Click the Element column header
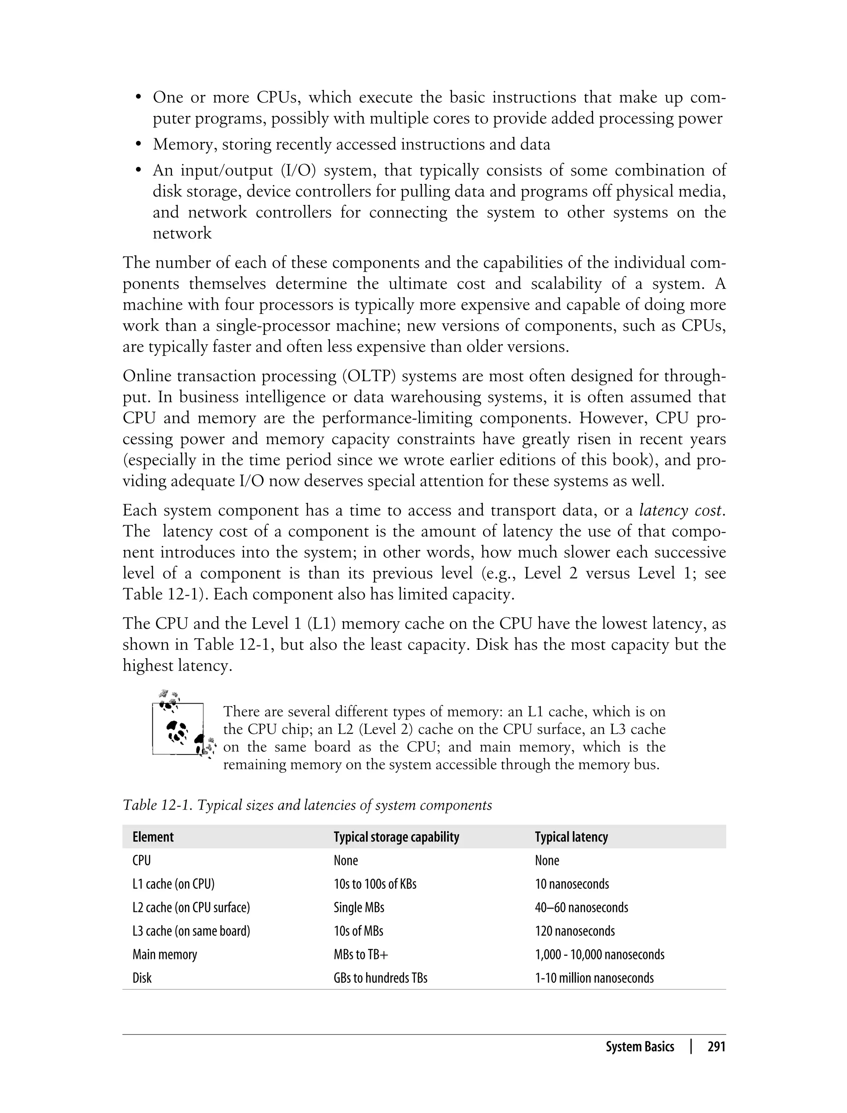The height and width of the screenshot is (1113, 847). pyautogui.click(x=153, y=837)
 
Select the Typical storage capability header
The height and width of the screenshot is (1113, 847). pyautogui.click(x=396, y=837)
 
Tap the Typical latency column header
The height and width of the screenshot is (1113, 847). pyautogui.click(x=571, y=837)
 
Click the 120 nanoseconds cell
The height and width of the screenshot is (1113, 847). pyautogui.click(x=575, y=931)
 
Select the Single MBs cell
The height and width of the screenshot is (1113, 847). pyautogui.click(x=359, y=908)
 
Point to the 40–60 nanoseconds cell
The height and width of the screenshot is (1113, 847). pyautogui.click(x=581, y=908)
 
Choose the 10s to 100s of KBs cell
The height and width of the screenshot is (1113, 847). pyautogui.click(x=375, y=884)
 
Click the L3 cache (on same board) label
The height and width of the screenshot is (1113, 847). pyautogui.click(x=191, y=931)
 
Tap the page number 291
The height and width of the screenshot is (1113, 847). pyautogui.click(x=716, y=1047)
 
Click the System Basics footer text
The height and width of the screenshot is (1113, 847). pyautogui.click(x=639, y=1047)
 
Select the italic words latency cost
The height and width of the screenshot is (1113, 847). pyautogui.click(x=681, y=511)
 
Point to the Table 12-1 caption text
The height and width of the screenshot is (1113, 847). pyautogui.click(x=307, y=805)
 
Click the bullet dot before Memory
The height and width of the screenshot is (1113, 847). pyautogui.click(x=138, y=145)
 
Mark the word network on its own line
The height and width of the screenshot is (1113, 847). pyautogui.click(x=182, y=233)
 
